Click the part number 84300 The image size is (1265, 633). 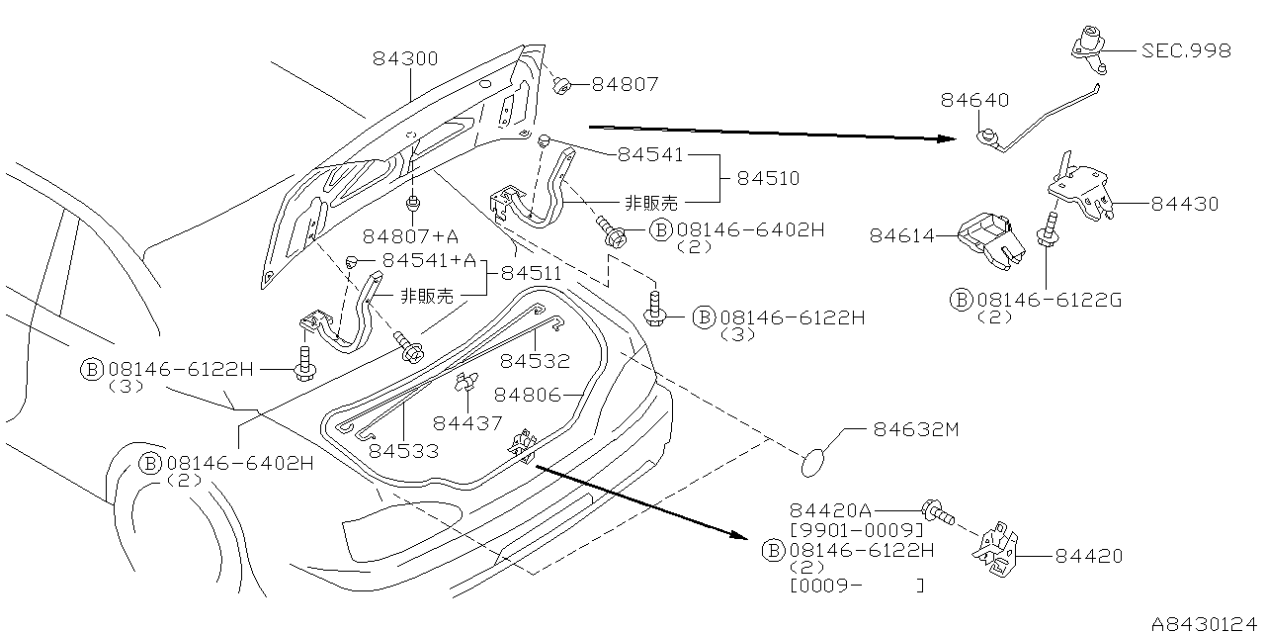405,59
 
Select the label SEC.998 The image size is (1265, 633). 1186,50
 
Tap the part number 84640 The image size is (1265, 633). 974,100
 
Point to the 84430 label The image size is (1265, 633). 1184,204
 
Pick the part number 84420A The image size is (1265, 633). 830,510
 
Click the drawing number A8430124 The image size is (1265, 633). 1206,624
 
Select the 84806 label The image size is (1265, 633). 527,395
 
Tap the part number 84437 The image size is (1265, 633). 466,422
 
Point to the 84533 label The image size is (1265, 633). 403,451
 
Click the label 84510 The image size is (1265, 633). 768,179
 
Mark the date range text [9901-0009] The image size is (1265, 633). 857,529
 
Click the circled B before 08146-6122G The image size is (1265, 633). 961,300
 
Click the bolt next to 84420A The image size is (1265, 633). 937,512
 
